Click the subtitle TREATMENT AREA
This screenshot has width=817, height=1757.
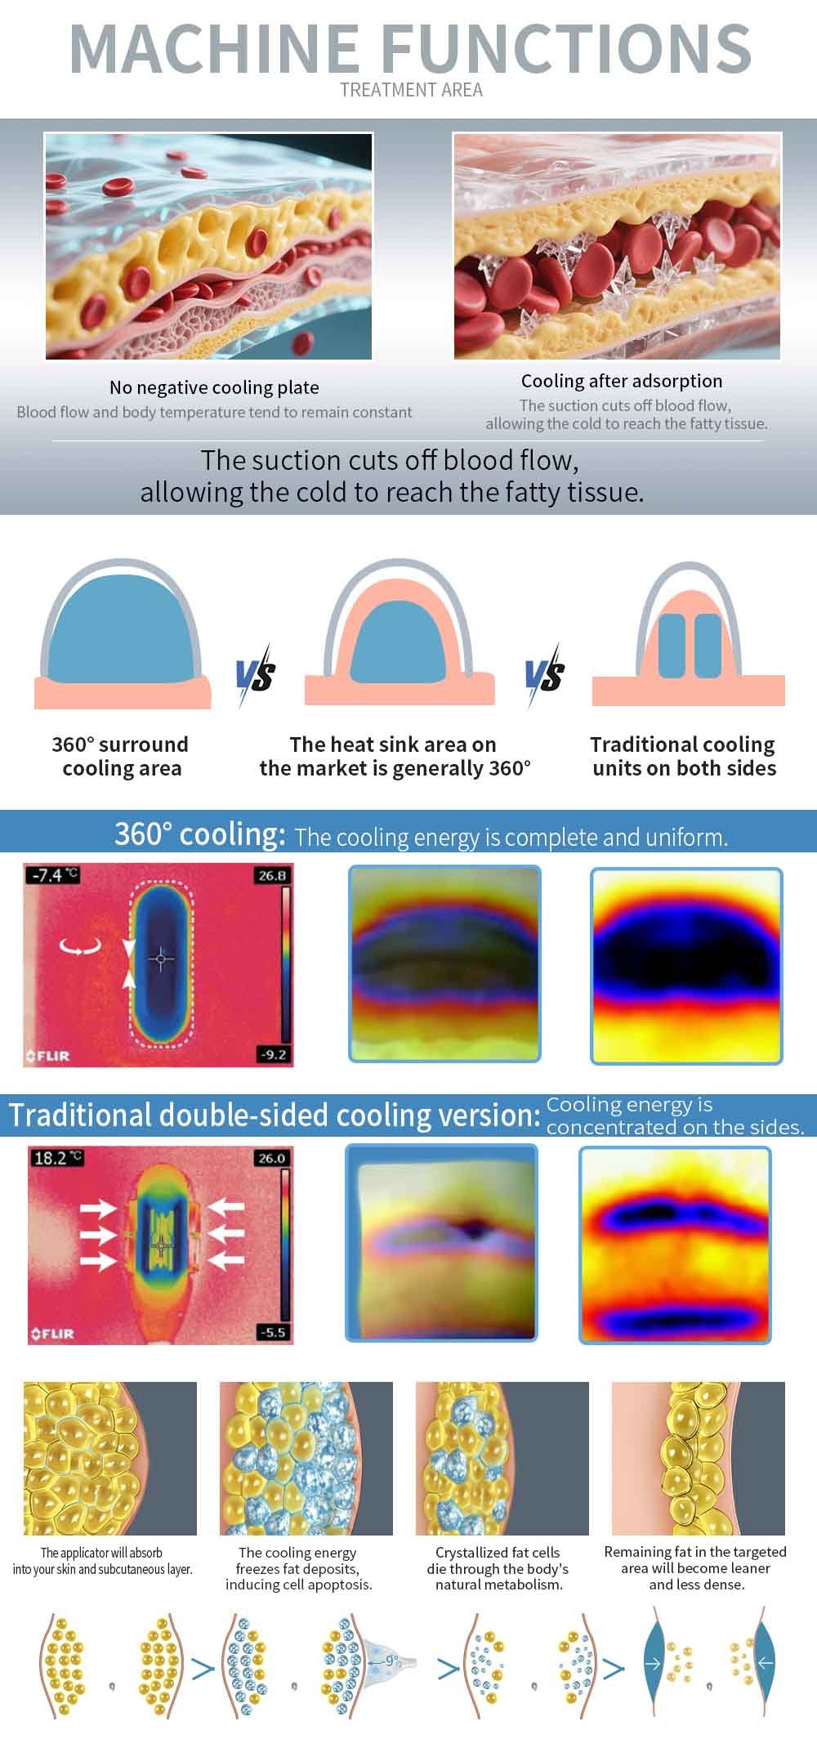[411, 90]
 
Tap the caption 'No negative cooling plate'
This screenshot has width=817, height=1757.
[214, 387]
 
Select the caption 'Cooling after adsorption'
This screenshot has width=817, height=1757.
[622, 381]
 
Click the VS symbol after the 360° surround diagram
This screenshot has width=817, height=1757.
[256, 675]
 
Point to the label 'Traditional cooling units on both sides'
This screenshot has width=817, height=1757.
[684, 756]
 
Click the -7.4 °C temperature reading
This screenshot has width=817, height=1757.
[54, 874]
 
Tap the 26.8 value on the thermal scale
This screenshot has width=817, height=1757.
[272, 875]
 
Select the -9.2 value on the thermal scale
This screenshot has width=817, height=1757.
[273, 1054]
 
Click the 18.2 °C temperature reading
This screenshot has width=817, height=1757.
[57, 1157]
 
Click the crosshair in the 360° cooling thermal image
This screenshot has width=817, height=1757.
[161, 959]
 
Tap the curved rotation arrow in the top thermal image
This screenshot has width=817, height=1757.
[81, 947]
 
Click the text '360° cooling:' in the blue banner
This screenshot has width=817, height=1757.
[200, 834]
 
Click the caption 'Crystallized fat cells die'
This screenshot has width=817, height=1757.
[498, 1560]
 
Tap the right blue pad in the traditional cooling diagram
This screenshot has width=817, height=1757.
[708, 646]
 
